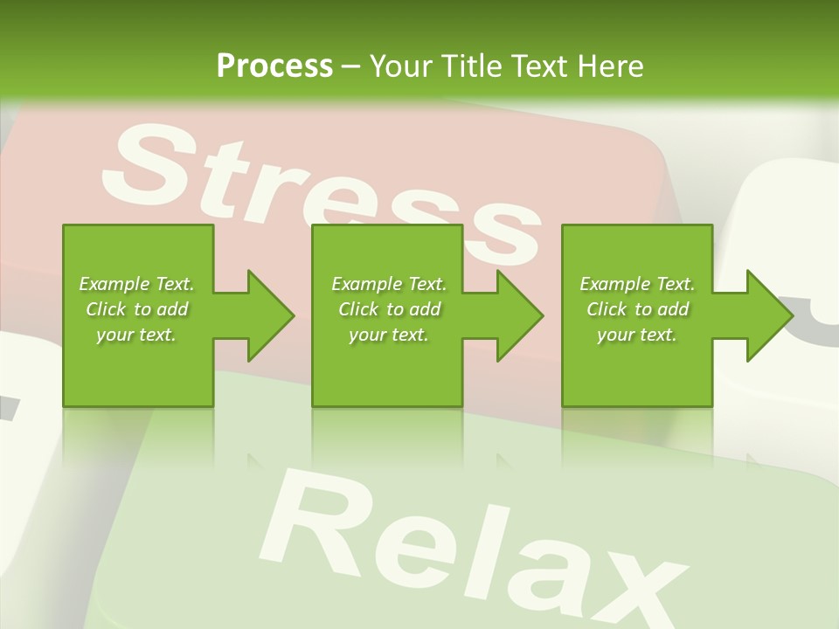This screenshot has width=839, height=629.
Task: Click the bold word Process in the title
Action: click(274, 66)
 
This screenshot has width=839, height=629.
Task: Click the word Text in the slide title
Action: click(540, 66)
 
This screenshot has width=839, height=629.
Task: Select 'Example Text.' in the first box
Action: click(136, 284)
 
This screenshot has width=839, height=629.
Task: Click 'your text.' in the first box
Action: click(136, 335)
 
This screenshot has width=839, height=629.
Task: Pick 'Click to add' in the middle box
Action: click(389, 309)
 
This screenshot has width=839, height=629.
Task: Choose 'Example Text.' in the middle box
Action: click(389, 284)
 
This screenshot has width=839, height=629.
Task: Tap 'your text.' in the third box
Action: click(637, 335)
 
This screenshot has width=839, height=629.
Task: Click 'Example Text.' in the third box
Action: click(637, 284)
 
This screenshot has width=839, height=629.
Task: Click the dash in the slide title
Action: click(351, 67)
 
